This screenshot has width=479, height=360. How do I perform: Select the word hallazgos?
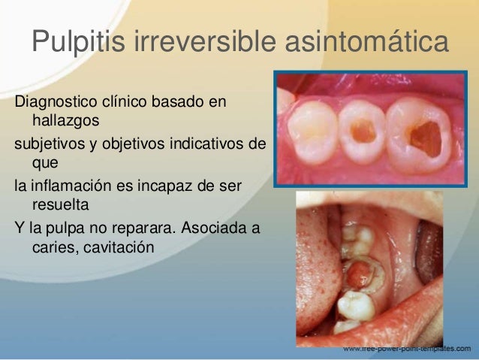pos(65,119)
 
